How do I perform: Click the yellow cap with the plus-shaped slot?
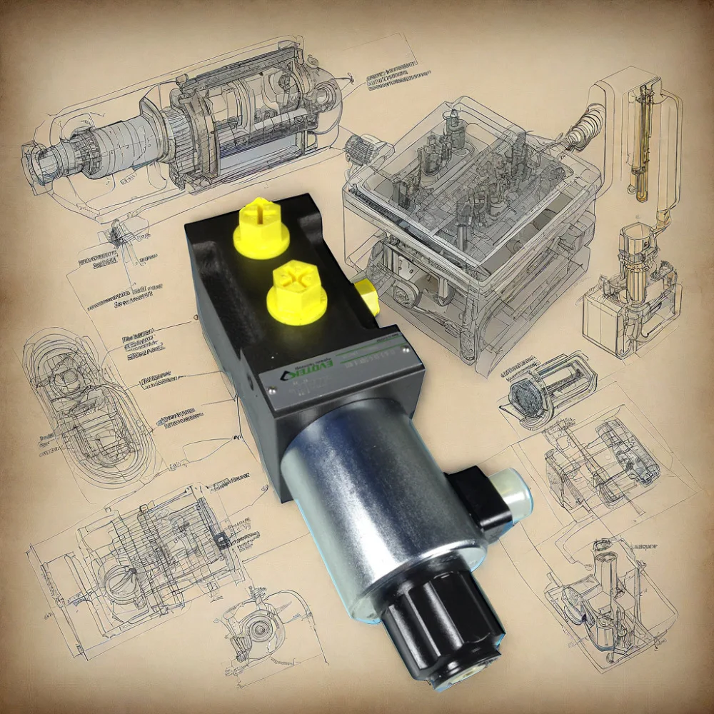[261, 227]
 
